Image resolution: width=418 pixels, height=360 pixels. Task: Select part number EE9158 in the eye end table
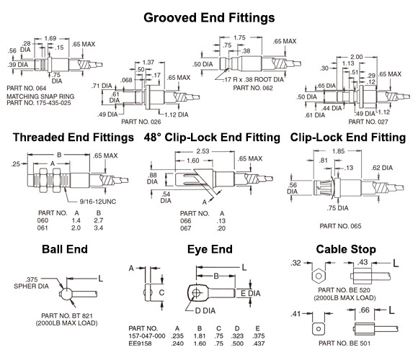[143, 343]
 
